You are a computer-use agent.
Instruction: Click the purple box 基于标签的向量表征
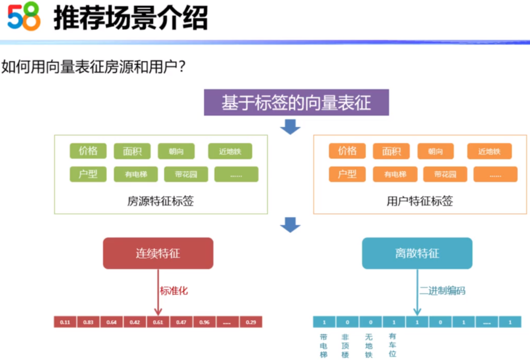(x=296, y=102)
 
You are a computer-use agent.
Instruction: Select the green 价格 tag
(x=88, y=151)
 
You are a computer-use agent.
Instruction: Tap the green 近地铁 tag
(x=230, y=151)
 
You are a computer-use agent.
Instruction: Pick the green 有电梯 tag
(x=135, y=174)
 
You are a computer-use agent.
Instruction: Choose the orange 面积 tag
(x=391, y=151)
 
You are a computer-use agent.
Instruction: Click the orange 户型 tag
(x=347, y=174)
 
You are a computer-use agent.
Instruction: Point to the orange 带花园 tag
(x=445, y=174)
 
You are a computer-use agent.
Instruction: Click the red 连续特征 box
(x=158, y=253)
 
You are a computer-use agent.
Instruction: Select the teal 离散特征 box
(x=417, y=253)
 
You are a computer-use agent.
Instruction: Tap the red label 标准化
(x=174, y=291)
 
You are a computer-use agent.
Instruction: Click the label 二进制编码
(x=442, y=291)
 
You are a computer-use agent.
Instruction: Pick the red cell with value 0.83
(x=88, y=322)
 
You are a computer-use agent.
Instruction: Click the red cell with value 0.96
(x=205, y=322)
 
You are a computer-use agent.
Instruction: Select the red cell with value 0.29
(x=251, y=322)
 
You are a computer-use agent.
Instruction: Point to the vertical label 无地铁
(x=369, y=345)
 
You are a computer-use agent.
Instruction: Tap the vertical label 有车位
(x=392, y=345)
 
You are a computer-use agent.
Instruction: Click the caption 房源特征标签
(x=160, y=201)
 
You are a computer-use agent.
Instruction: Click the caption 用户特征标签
(x=420, y=201)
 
